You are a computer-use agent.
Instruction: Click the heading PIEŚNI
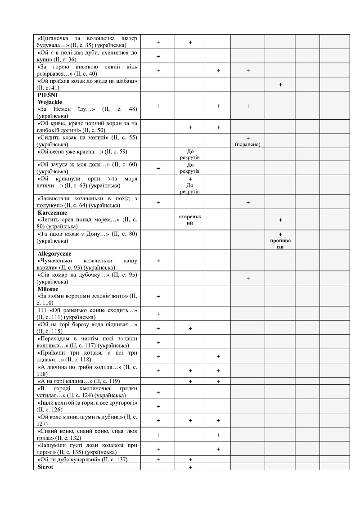pos(48,95)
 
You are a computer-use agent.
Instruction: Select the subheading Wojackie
pos(50,102)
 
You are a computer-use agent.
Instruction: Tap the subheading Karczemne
pos(52,212)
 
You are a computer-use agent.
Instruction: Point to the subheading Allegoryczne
pos(54,253)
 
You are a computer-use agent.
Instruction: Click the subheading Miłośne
pos(48,288)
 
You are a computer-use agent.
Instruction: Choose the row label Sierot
pos(46,467)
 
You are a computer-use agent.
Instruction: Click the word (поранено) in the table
pos(247,144)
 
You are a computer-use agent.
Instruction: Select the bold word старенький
pos(190,220)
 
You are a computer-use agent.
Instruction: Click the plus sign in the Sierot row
pos(190,467)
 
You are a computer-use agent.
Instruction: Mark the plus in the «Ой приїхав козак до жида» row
pos(280,85)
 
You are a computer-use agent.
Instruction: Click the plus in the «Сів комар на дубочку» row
pos(247,279)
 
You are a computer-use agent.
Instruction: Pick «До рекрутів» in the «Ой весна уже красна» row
pos(190,154)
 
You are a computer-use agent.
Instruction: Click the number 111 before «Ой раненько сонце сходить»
pos(43,311)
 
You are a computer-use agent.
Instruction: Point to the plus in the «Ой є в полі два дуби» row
pos(158,56)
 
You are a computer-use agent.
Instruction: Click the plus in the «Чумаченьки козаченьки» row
pos(158,261)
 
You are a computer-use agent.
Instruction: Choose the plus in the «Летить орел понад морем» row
pos(280,220)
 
